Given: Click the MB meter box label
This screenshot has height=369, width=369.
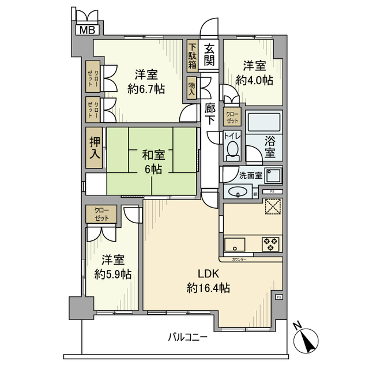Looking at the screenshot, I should coord(87,31).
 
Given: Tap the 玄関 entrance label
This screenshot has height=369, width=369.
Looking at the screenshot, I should coord(210,54).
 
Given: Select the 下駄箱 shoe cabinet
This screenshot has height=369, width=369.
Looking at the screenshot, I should coord(191,56).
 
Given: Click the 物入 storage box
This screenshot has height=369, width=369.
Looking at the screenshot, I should coord(191,88).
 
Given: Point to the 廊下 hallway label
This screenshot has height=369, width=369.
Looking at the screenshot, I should coord(210,113).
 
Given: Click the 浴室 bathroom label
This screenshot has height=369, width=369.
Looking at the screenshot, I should coord(270,146).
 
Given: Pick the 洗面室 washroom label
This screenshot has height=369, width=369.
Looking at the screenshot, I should coord(251,175).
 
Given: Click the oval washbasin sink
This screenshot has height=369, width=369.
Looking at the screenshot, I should coord(238,193).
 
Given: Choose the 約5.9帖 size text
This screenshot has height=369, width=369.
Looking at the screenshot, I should coord(112,274).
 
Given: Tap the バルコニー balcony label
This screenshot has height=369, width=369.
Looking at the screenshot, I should coord(188,337).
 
